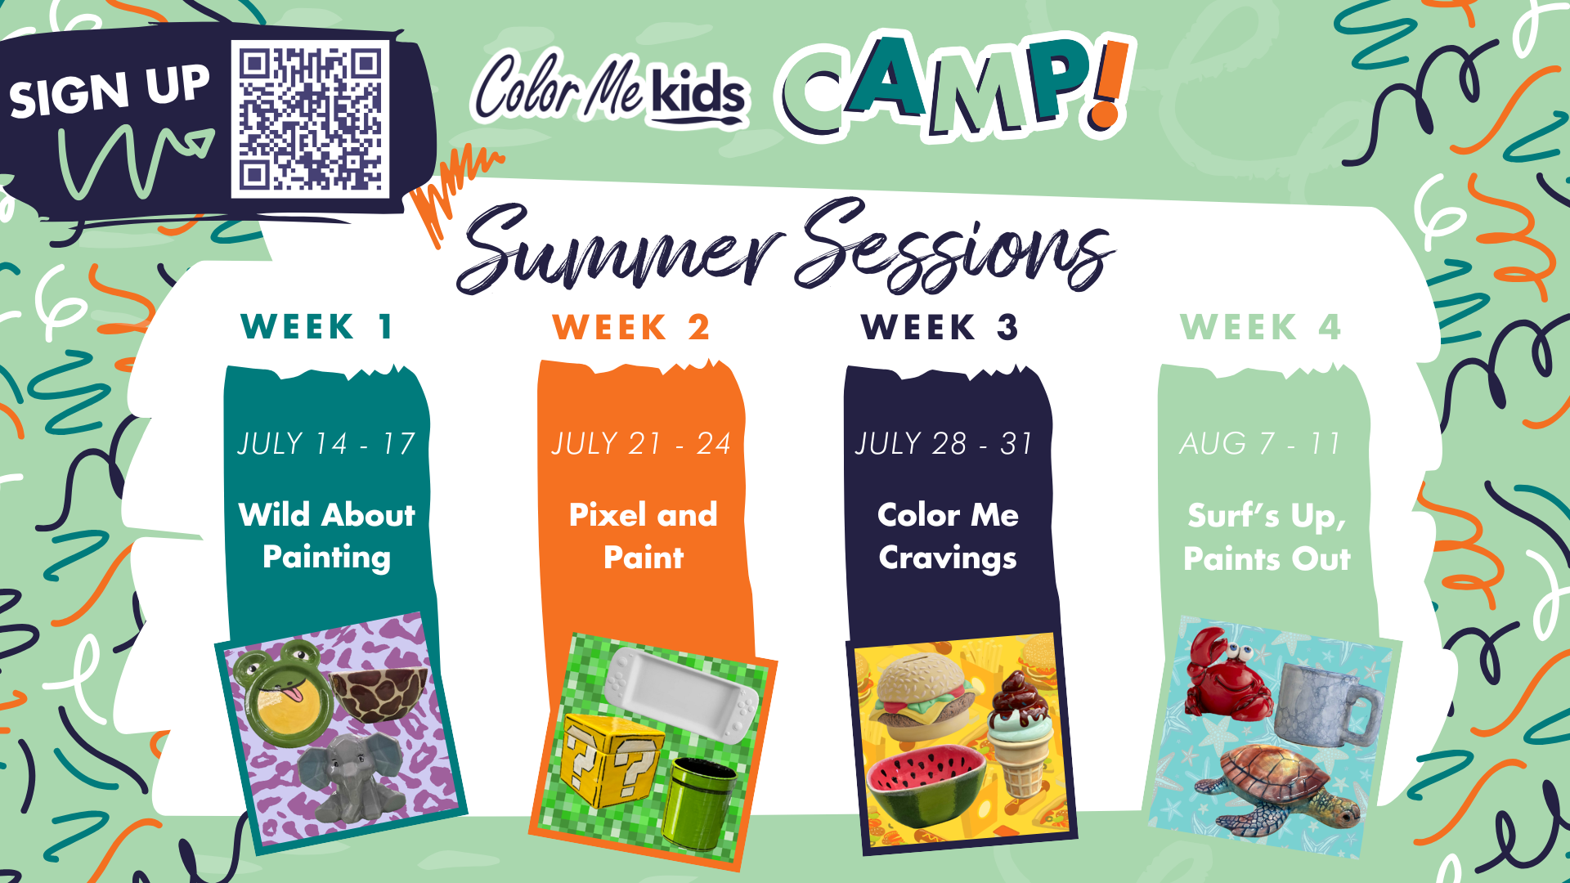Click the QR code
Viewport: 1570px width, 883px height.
click(310, 119)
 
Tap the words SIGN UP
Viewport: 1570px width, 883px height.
click(110, 90)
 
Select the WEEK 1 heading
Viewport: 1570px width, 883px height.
click(318, 327)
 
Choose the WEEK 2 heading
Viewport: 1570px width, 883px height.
click(631, 328)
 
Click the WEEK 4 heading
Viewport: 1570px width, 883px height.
click(1261, 328)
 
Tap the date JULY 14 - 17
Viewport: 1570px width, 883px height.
click(326, 444)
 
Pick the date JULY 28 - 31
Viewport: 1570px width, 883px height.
click(944, 444)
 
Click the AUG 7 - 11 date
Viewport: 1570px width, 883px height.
click(1259, 444)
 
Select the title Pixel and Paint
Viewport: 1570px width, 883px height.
click(644, 536)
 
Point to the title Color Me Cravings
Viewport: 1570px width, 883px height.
click(948, 536)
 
